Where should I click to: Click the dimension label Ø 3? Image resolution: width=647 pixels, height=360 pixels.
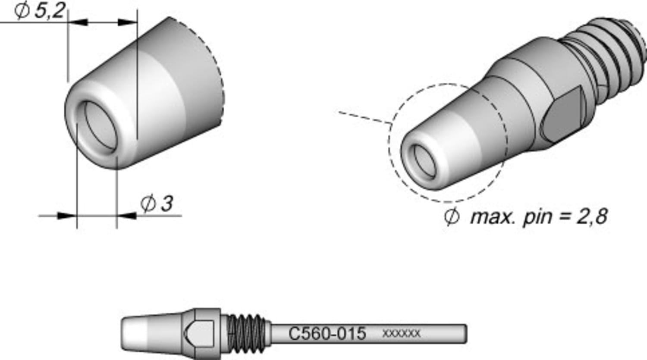(157, 203)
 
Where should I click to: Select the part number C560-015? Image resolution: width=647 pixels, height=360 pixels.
(327, 334)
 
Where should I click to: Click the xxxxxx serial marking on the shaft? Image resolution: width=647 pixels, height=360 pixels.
(401, 333)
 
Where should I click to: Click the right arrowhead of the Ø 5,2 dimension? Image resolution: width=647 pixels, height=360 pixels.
(128, 22)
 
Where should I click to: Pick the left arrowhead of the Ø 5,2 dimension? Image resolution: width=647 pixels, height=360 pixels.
(78, 22)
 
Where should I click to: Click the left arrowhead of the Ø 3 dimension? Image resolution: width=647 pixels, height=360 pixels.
(67, 216)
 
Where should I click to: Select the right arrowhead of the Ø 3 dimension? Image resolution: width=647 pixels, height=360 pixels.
(126, 216)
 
